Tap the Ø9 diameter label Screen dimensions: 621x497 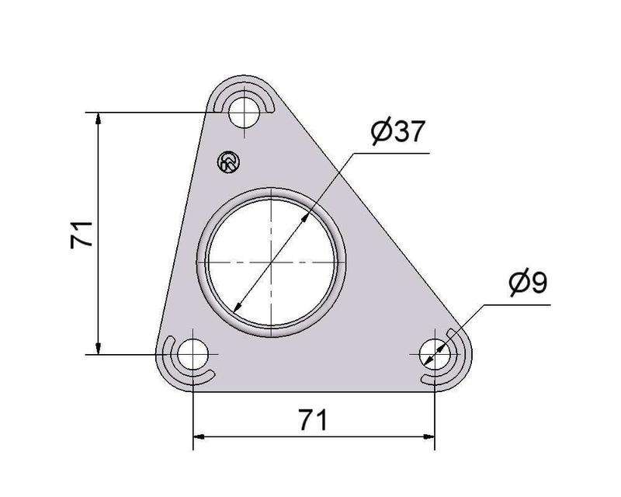pos(529,281)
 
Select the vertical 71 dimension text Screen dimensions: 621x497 pos(82,235)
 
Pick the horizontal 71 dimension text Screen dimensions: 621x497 pos(313,420)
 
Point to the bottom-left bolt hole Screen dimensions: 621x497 pos(193,354)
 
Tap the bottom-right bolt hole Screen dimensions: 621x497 pos(435,354)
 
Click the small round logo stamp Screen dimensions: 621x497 pos(229,162)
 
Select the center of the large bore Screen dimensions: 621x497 pos(271,262)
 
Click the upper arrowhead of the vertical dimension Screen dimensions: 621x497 pos(99,118)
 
